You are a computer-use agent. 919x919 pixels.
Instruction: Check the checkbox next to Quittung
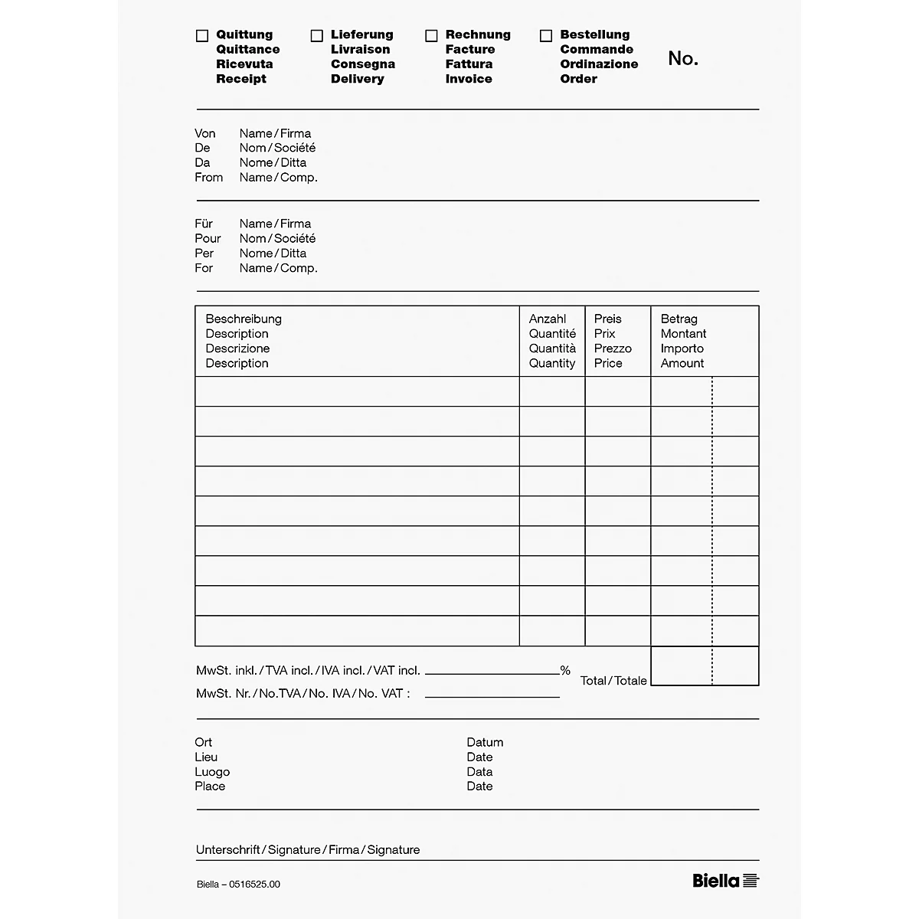click(202, 36)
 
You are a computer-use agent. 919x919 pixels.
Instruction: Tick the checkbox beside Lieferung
click(317, 36)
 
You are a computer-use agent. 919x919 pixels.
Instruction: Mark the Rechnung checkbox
click(431, 36)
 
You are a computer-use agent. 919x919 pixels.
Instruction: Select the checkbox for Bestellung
click(546, 36)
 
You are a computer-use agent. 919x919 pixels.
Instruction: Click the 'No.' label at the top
click(682, 59)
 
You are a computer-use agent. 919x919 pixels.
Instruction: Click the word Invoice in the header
click(469, 79)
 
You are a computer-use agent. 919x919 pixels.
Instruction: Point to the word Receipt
click(241, 79)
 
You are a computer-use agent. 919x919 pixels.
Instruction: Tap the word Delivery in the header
click(357, 79)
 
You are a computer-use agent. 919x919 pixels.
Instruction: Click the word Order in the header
click(578, 79)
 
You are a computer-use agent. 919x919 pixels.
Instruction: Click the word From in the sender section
click(208, 178)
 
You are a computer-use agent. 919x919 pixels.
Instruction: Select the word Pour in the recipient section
click(208, 238)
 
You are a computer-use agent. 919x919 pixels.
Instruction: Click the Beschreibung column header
click(244, 319)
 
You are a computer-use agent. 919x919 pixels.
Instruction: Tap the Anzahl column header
click(548, 319)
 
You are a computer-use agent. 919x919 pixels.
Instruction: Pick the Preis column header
click(607, 319)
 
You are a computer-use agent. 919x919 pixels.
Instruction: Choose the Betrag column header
click(679, 319)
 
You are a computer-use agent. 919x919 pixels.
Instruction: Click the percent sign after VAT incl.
click(565, 671)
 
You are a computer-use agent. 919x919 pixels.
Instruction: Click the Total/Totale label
click(613, 681)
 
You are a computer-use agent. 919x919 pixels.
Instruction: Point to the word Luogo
click(212, 772)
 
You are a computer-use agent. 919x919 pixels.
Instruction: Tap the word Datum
click(485, 742)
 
